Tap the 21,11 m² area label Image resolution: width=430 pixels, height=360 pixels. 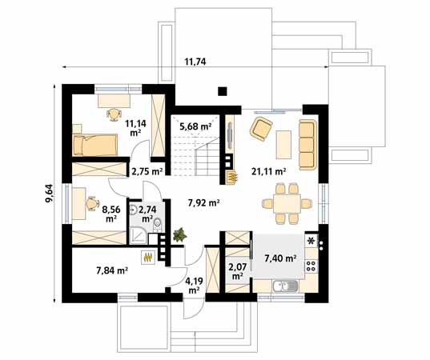point(269,170)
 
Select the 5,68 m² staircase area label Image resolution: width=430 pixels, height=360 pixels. point(195,126)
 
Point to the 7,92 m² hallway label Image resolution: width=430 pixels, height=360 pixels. point(203,203)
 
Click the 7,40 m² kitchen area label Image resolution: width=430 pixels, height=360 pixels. point(280,258)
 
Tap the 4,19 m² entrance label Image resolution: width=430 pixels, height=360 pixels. point(193,286)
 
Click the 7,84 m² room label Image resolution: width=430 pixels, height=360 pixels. point(112,270)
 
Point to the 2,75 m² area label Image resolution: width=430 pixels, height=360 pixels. point(147,170)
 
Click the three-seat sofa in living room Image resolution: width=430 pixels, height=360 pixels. point(307,138)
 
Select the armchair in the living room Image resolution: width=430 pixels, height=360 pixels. point(260,128)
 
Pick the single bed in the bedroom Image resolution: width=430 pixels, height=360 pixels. point(97,145)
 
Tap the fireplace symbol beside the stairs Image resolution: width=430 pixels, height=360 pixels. point(233,176)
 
